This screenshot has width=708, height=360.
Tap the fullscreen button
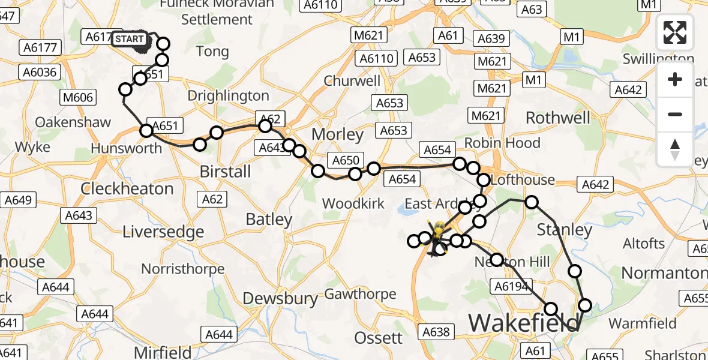click(x=675, y=32)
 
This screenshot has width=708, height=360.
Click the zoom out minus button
click(x=675, y=114)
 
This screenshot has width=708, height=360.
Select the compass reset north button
click(x=675, y=149)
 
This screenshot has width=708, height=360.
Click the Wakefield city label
click(x=524, y=323)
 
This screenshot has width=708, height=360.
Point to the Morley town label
click(x=343, y=134)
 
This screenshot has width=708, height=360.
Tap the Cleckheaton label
click(x=127, y=188)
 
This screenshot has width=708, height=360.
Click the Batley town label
click(x=269, y=220)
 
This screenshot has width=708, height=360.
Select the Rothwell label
click(x=558, y=118)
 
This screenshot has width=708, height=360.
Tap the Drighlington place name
click(x=229, y=96)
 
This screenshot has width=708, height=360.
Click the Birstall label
click(x=225, y=172)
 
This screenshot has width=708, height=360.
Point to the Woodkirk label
click(x=353, y=203)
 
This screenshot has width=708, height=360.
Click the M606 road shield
click(x=77, y=97)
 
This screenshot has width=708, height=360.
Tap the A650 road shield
click(x=344, y=160)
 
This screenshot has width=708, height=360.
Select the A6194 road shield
click(x=512, y=286)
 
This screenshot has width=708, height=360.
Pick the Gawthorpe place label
click(x=360, y=294)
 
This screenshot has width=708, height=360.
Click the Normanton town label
click(x=664, y=274)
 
